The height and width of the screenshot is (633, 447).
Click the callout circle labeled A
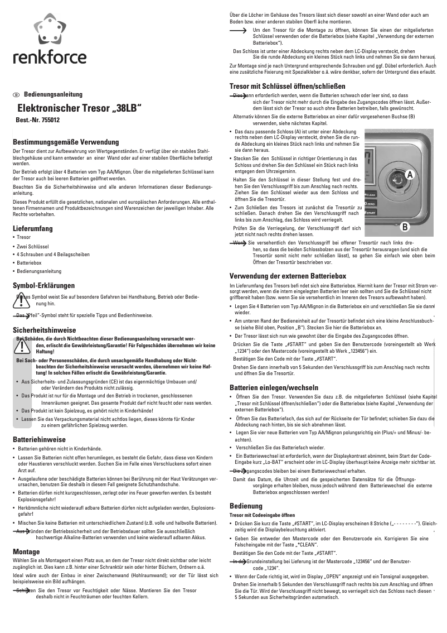pos(410,175)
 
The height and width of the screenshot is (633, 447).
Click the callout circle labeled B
pos(405,227)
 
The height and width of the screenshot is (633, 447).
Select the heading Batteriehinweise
pos(39,439)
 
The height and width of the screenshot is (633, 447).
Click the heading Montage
pos(26,551)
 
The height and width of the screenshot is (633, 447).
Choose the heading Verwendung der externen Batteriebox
pos(288,276)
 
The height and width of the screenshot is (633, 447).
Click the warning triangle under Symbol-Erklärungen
pos(21,301)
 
